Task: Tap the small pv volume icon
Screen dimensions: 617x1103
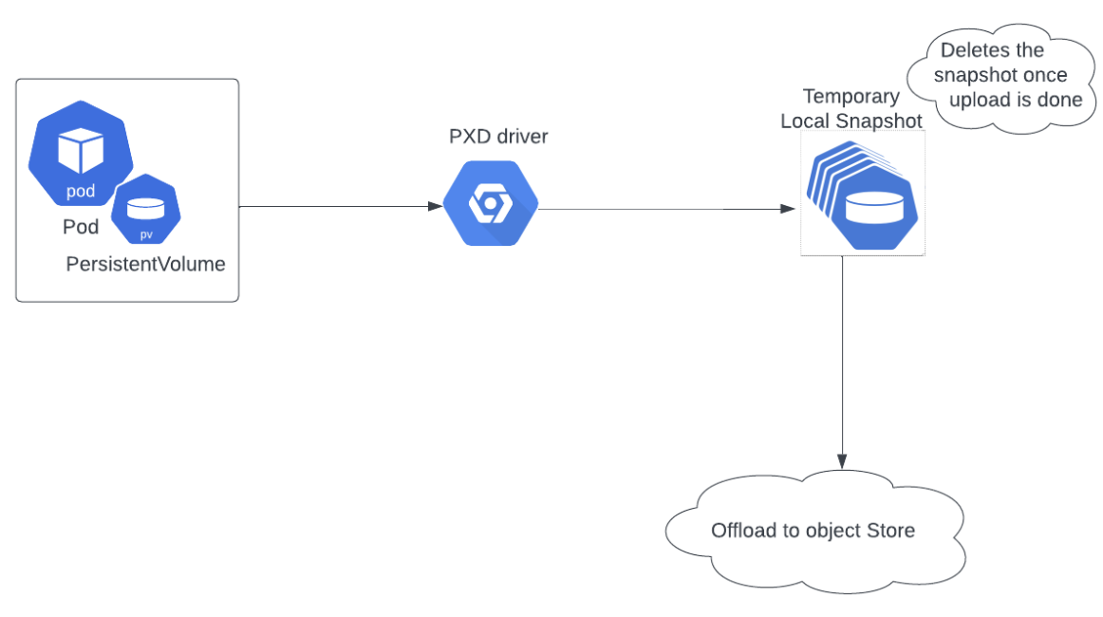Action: coord(145,210)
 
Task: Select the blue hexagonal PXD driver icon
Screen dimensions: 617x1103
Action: coord(491,204)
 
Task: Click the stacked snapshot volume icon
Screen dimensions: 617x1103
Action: coord(864,196)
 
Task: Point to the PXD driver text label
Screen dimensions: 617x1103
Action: coord(498,137)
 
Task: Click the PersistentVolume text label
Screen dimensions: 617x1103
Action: coord(145,264)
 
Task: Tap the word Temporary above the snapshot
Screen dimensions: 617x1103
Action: coord(851,96)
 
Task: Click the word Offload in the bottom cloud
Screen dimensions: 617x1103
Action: coord(743,530)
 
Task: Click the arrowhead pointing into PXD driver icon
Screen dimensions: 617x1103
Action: coord(436,206)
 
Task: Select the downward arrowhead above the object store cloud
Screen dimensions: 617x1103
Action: coord(843,459)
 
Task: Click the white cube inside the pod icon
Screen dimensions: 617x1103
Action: coord(80,150)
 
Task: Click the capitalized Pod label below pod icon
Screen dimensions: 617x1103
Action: coord(81,228)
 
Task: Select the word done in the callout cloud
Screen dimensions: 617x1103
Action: coord(1059,99)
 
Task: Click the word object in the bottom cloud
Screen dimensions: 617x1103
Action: coord(833,530)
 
